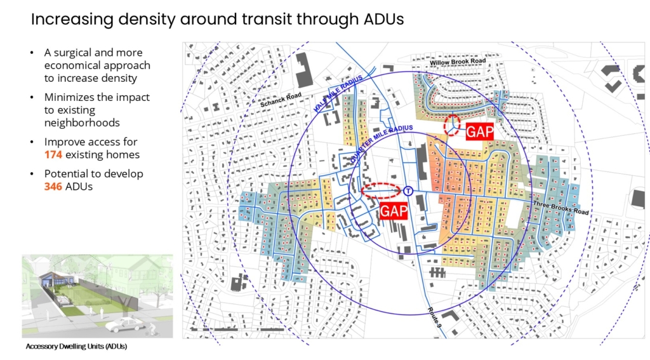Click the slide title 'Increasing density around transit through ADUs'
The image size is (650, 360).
(x=217, y=20)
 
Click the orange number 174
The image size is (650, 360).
(x=53, y=155)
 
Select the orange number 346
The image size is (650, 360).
(x=53, y=187)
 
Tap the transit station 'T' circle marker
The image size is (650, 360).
(x=408, y=190)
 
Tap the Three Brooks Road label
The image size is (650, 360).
(x=561, y=204)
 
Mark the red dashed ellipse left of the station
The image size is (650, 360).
(x=381, y=190)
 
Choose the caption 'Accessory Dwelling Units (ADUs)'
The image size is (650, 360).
(x=81, y=347)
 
